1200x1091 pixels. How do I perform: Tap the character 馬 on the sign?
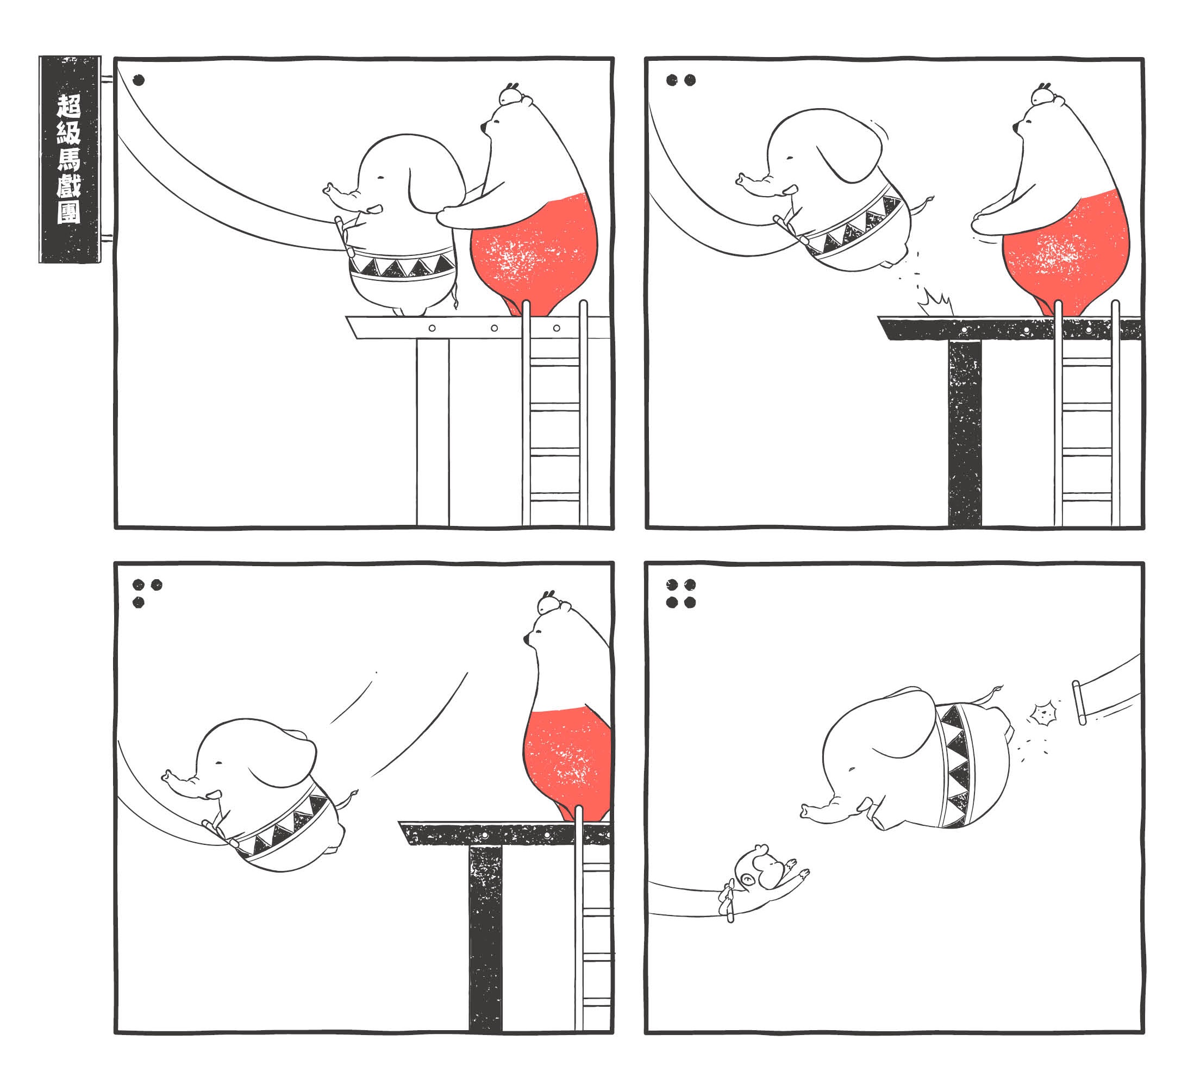(x=69, y=159)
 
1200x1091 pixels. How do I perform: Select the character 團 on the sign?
(x=69, y=211)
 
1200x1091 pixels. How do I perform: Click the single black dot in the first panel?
(x=139, y=80)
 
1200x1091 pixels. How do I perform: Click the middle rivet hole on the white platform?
(x=494, y=328)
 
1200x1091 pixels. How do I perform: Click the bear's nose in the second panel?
(x=1015, y=127)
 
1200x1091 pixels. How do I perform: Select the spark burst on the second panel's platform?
(x=935, y=304)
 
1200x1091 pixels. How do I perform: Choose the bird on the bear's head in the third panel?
(x=549, y=603)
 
